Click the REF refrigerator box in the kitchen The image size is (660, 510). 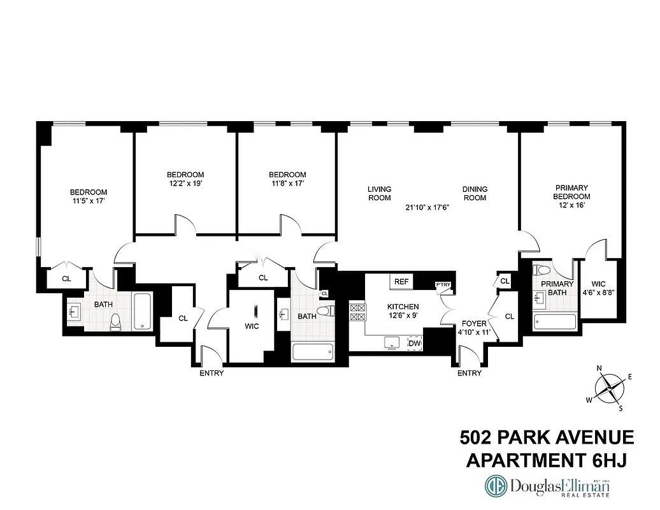pos(401,282)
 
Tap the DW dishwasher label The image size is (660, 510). pos(415,344)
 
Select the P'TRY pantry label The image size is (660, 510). pos(442,285)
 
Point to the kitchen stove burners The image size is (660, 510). pos(357,311)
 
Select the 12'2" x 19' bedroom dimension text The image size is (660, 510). pos(185,184)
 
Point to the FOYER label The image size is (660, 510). pos(474,324)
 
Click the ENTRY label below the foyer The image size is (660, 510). pos(470,373)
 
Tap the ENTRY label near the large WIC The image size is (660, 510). pos(212,373)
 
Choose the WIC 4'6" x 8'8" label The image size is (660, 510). pos(598,288)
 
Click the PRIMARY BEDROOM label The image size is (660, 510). pos(572,192)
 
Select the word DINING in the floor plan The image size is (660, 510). pos(475,189)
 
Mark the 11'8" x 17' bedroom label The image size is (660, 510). pos(287,179)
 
